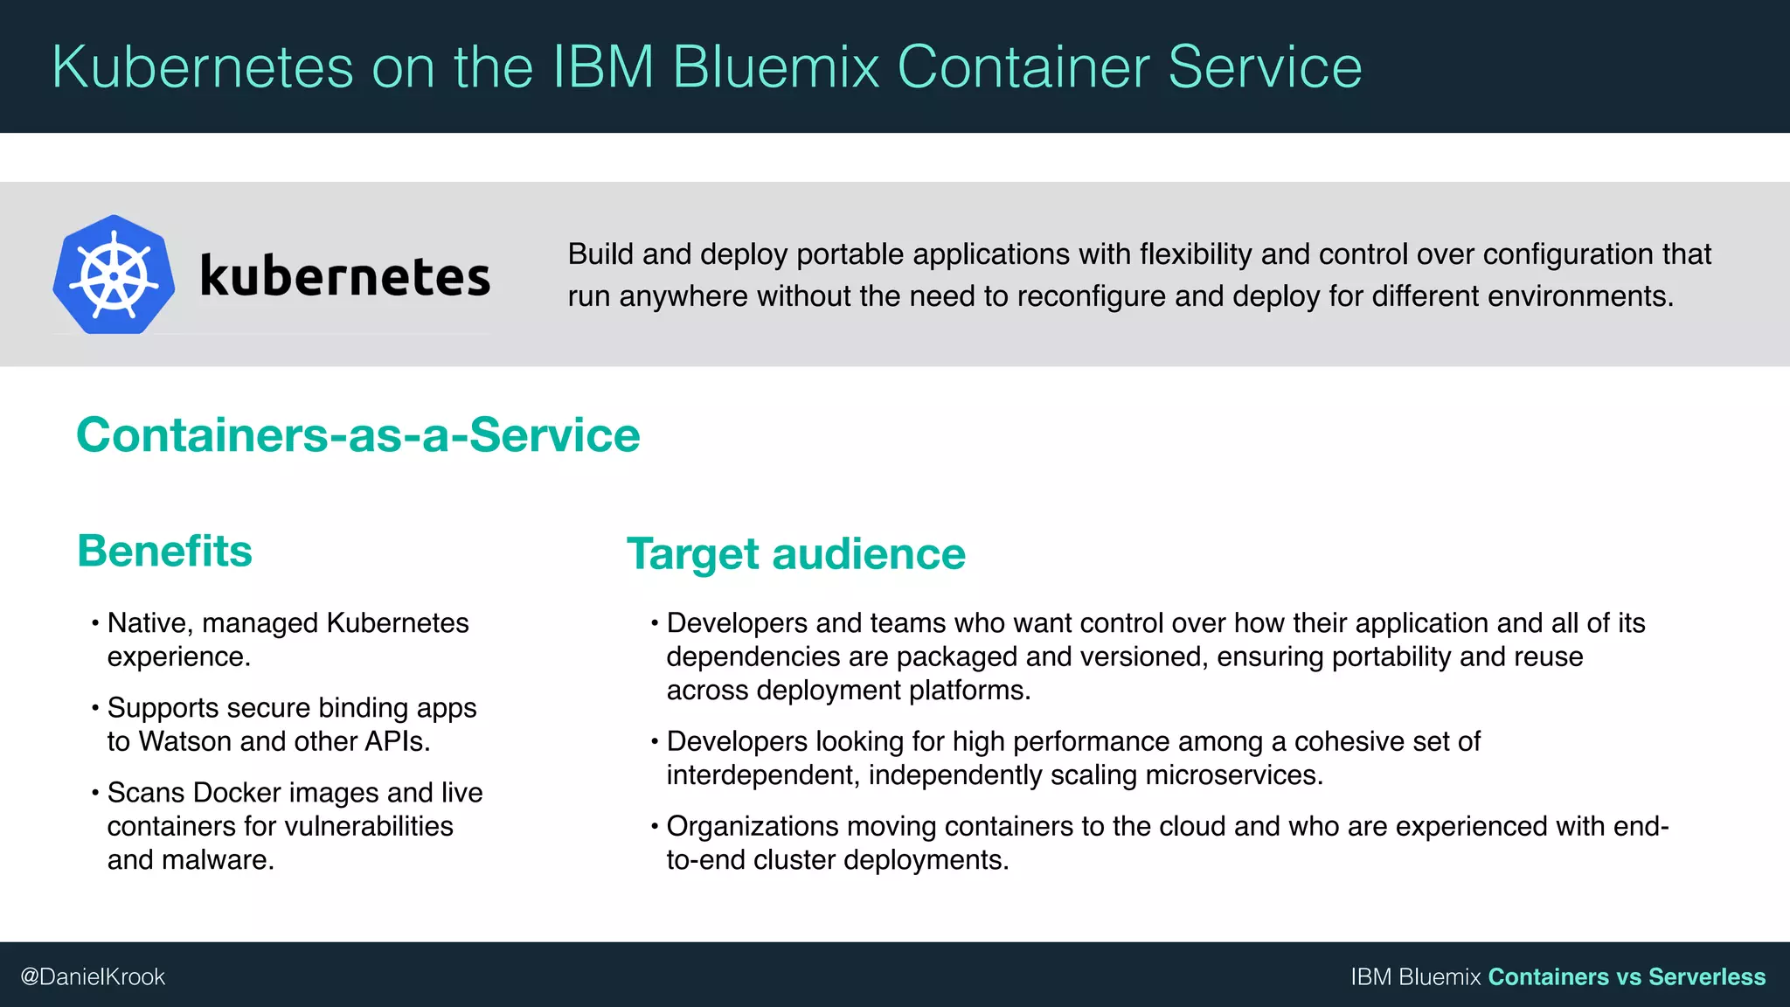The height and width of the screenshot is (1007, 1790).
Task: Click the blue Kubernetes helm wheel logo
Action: (114, 274)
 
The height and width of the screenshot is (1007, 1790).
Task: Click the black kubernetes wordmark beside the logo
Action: (345, 276)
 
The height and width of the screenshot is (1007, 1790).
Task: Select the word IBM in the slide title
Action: (603, 67)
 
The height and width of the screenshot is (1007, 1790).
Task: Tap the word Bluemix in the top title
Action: (776, 67)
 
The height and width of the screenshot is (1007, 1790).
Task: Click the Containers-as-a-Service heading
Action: (358, 435)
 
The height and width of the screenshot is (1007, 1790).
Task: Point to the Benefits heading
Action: (164, 552)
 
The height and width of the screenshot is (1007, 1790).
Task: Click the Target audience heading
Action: (795, 554)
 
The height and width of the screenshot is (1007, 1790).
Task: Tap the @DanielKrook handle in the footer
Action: (93, 976)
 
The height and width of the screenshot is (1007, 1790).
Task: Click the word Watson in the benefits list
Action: (185, 741)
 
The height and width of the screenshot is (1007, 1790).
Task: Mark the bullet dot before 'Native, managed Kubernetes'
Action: (94, 624)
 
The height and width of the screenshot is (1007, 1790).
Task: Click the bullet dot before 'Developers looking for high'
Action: (654, 742)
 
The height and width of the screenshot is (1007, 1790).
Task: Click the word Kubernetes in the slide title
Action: (203, 67)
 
